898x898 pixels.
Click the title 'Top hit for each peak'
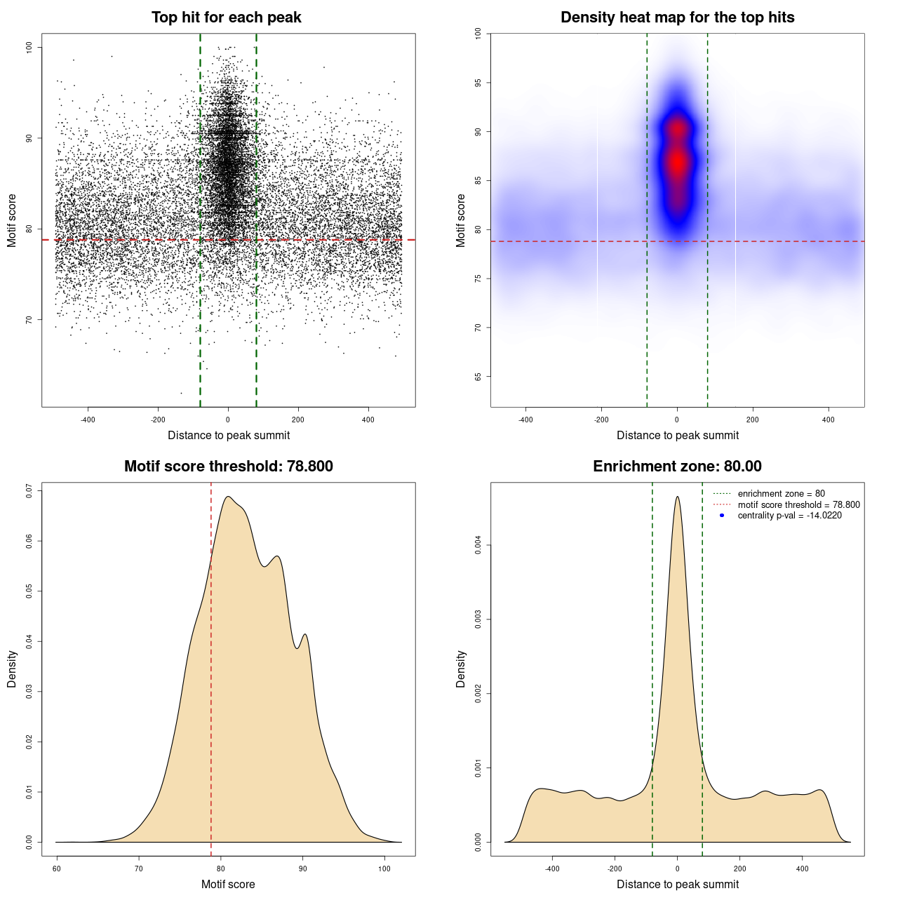226,18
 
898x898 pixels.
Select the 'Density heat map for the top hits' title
677,18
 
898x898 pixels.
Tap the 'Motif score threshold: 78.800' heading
228,467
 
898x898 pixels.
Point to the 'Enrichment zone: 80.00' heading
677,467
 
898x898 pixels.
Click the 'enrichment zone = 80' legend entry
781,494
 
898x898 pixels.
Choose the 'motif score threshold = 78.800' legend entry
798,504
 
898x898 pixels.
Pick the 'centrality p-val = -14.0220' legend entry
789,516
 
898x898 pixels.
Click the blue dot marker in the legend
722,516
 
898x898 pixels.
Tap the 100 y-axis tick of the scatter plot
29,47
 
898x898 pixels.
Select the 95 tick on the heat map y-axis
478,83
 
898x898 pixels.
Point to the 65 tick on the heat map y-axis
478,377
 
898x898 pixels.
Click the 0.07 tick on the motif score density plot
29,491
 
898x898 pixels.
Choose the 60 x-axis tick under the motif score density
57,869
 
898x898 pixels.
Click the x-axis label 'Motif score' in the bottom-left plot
228,884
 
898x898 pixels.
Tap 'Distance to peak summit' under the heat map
677,435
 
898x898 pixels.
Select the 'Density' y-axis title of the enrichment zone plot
461,669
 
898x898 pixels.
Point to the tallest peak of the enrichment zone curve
677,497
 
